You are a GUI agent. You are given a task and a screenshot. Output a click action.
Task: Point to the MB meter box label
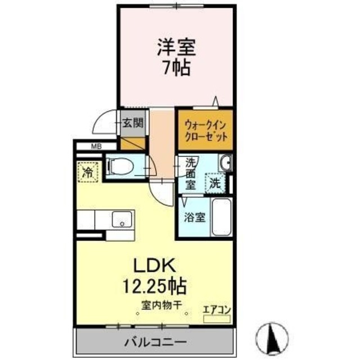click(97, 147)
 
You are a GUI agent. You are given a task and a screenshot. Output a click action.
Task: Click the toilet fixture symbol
click(120, 166)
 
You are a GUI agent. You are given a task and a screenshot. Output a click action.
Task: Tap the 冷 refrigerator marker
click(88, 172)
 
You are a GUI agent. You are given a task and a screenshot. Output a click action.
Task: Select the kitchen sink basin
click(122, 219)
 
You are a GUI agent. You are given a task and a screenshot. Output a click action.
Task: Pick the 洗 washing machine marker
click(215, 183)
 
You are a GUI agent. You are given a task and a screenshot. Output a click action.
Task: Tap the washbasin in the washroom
click(225, 164)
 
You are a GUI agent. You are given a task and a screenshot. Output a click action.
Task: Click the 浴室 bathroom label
click(195, 217)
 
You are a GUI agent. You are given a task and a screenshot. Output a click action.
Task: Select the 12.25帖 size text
click(155, 286)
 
